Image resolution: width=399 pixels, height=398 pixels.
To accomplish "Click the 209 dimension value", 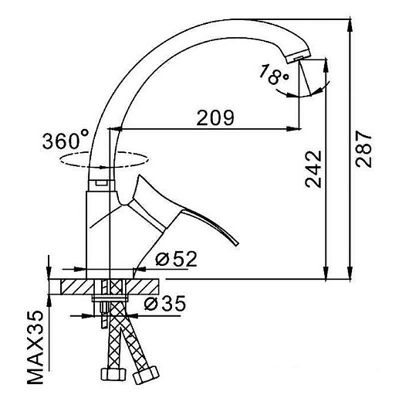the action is pos(215,117).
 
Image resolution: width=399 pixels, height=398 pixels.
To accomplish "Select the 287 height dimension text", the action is pos(363,149).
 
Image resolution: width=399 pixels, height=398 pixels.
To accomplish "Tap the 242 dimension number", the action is pos(313,169).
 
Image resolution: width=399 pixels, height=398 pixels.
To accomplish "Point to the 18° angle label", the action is pos(274,74).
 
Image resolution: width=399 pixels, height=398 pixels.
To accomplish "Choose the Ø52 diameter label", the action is pos(176,259).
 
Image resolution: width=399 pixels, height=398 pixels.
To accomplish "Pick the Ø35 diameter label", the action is pos(165,303).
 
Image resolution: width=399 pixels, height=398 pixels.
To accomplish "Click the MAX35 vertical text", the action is pos(35,348).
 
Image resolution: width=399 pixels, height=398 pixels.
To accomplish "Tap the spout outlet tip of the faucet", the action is pos(299,59).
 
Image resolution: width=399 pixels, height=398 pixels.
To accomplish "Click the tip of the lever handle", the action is pos(236,243).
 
